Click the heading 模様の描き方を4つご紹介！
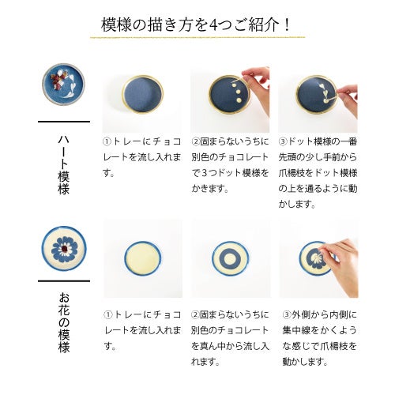[197, 24]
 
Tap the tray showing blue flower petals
[316, 258]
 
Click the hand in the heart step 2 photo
[255, 79]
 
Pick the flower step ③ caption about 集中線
[318, 337]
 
